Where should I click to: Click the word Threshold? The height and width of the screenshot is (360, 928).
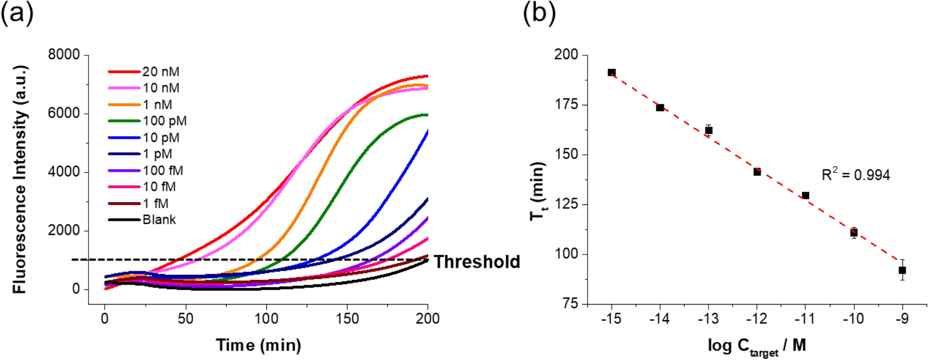pos(477,262)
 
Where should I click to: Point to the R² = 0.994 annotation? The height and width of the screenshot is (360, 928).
pos(855,175)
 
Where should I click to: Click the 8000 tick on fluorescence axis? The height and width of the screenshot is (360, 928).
pos(64,54)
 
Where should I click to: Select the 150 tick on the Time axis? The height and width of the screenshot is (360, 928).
pos(347,318)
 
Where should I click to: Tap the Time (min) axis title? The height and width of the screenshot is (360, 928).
pos(259,345)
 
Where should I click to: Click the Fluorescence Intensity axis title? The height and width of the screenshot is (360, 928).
pos(19,179)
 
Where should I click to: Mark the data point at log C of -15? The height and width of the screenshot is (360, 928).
pos(611,72)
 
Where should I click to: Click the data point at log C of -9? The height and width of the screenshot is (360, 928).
pos(902,270)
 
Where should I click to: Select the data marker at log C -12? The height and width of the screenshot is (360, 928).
pos(757,172)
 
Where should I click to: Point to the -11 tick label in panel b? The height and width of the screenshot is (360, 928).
pos(805,318)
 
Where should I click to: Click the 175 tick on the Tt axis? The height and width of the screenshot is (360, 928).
pos(567,105)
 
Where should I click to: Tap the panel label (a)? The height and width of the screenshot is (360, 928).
pos(17,13)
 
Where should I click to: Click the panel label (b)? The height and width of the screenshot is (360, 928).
pos(539,13)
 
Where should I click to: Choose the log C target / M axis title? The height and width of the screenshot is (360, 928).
pos(756,346)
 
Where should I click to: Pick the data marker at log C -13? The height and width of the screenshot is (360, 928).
pos(708,130)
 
